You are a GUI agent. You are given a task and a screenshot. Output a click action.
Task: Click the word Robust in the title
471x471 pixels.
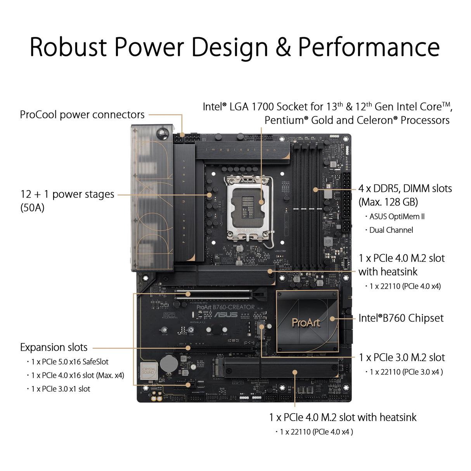68,47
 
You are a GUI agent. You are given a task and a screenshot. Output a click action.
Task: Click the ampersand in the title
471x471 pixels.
283,47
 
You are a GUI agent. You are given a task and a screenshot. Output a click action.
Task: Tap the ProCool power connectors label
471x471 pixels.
82,115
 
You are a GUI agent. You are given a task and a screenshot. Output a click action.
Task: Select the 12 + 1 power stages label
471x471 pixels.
68,194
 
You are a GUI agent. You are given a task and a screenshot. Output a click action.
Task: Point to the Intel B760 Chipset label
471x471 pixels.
401,318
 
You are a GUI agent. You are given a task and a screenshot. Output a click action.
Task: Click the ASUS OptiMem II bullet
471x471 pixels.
397,216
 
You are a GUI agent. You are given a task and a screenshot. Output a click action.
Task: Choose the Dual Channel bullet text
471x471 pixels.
391,230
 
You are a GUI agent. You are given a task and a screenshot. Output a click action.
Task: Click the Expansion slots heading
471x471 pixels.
54,347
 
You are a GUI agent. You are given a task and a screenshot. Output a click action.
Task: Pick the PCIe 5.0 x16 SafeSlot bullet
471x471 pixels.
70,362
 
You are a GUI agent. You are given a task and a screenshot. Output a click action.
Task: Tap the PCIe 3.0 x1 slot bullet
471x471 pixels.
61,389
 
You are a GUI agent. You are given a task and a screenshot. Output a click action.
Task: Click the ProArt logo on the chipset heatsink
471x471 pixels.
306,322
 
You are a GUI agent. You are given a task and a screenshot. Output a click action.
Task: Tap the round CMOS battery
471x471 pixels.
169,364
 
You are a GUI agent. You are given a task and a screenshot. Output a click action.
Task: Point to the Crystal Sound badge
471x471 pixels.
149,371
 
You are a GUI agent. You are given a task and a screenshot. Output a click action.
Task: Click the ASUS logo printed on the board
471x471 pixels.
226,315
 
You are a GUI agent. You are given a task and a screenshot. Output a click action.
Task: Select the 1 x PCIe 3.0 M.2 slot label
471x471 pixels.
402,357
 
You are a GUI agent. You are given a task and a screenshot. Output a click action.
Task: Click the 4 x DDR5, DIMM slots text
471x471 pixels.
405,189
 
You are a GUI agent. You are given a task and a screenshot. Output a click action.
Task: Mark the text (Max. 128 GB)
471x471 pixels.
388,202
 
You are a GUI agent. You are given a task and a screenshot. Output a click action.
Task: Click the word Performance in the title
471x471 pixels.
369,47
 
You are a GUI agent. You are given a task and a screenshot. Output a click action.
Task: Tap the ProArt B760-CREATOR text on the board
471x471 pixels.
225,307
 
